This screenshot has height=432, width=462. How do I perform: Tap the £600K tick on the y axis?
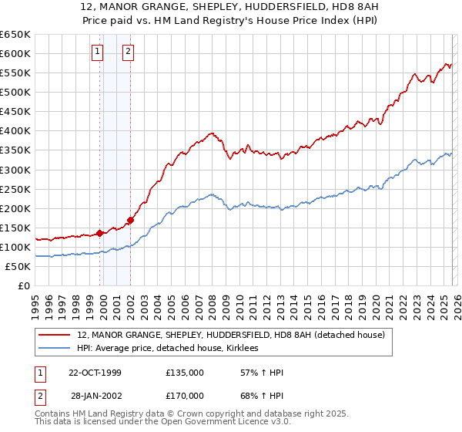coord(15,53)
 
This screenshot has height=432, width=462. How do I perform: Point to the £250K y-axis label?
coord(15,189)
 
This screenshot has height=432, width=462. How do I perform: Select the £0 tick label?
coord(24,286)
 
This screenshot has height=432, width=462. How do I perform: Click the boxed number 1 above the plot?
coord(99,52)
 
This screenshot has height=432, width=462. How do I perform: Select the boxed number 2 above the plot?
coord(128,52)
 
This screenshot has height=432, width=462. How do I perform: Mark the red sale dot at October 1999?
coord(100,233)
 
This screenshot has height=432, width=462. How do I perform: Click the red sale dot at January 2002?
coord(131,220)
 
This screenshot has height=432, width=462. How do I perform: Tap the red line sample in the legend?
coord(56,334)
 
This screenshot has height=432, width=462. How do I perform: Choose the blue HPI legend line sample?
coord(56,349)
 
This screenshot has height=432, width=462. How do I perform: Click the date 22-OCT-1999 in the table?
coord(95,373)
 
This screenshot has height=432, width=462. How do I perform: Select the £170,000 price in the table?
coord(185,396)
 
